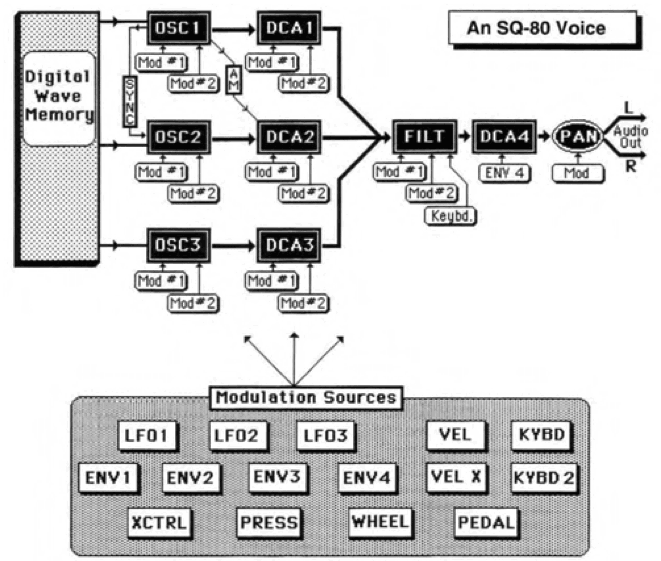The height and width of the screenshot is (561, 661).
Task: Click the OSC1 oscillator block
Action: pyautogui.click(x=179, y=28)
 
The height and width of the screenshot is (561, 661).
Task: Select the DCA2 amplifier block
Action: pyautogui.click(x=289, y=137)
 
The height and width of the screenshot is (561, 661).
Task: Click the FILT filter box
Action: pyautogui.click(x=424, y=136)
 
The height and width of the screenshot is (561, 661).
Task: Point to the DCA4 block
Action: pyautogui.click(x=503, y=136)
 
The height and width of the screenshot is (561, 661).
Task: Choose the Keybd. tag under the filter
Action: pyautogui.click(x=451, y=216)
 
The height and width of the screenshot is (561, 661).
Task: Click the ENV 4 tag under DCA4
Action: pyautogui.click(x=504, y=173)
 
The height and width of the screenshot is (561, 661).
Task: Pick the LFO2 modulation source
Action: pyautogui.click(x=237, y=435)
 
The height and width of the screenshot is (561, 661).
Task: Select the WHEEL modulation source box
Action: pyautogui.click(x=380, y=522)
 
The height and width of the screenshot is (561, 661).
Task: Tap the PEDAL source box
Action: pyautogui.click(x=485, y=523)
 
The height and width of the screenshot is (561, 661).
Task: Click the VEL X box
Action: pyautogui.click(x=456, y=477)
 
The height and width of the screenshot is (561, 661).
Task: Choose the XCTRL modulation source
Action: pyautogui.click(x=159, y=523)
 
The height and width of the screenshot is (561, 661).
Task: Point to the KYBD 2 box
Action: pyautogui.click(x=543, y=478)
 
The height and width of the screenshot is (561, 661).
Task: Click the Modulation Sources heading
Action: pyautogui.click(x=305, y=398)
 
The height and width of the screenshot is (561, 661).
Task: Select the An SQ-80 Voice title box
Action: pyautogui.click(x=536, y=28)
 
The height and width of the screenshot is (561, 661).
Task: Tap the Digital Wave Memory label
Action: pyautogui.click(x=59, y=96)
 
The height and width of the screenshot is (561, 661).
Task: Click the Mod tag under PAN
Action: pyautogui.click(x=577, y=173)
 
